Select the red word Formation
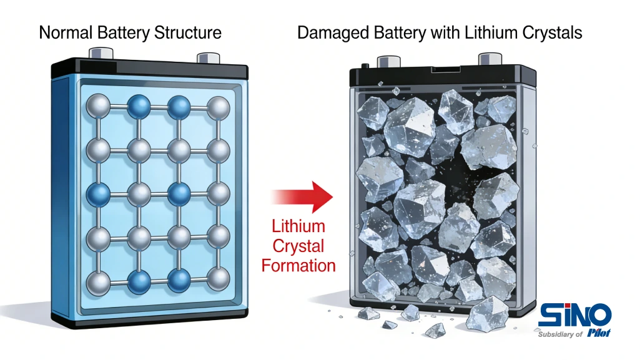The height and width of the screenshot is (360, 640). (x=298, y=265)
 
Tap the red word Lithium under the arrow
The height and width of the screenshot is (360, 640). (x=298, y=225)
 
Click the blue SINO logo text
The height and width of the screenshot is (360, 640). (x=574, y=314)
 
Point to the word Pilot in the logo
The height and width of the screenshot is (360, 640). (x=598, y=333)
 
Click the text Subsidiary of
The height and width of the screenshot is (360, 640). (x=560, y=334)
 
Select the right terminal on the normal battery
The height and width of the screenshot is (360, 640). (x=207, y=57)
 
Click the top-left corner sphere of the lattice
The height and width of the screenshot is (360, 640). (x=98, y=107)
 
